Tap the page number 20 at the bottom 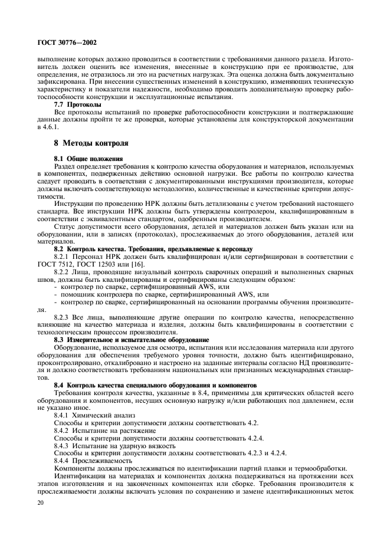41,501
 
